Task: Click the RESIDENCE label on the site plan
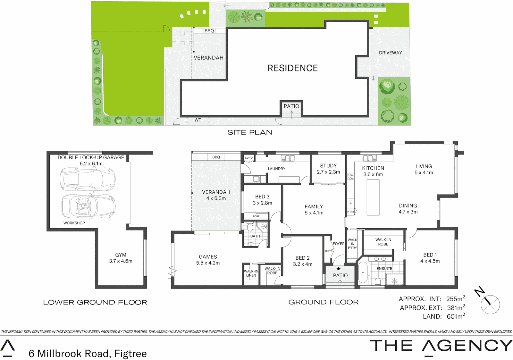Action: point(292,68)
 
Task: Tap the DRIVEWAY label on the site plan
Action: point(390,53)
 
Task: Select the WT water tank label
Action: point(198,120)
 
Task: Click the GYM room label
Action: point(121,255)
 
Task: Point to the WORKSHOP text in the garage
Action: point(74,223)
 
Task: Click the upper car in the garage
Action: point(88,179)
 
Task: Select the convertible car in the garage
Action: point(88,206)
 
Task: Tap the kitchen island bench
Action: point(373,197)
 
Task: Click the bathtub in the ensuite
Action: point(363,273)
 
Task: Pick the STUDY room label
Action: point(328,166)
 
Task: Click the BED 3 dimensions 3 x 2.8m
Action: point(262,203)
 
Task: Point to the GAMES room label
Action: point(208,257)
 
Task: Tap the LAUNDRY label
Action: point(276,169)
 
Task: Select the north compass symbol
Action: point(489,303)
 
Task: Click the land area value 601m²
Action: point(456,316)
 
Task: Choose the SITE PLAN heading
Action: point(250,132)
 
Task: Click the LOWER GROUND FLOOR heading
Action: point(95,302)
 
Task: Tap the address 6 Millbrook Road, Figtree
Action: point(88,353)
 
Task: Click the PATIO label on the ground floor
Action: point(340,275)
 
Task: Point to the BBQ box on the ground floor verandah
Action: point(216,157)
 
